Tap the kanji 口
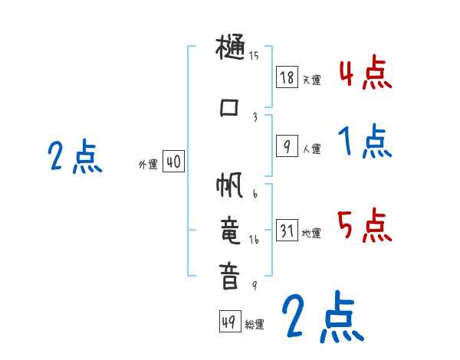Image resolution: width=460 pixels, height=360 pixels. coord(229,107)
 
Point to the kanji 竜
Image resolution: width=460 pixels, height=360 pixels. coord(230,231)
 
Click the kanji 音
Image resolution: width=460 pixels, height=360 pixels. coord(230,276)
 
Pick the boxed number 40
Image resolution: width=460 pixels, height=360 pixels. coord(173,162)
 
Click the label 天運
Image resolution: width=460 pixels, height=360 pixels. coord(311,80)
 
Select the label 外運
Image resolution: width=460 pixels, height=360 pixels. coord(147,165)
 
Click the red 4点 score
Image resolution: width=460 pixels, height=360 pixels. coord(366,74)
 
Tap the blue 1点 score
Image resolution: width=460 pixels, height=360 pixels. coord(366,142)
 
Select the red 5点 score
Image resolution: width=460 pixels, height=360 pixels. coord(366,225)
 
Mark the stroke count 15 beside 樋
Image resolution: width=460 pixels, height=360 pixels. coord(254,55)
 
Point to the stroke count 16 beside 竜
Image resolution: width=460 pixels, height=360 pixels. coord(255,240)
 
